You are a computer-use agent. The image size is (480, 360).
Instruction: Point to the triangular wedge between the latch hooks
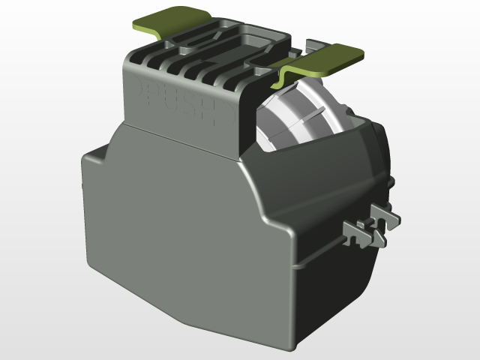pyautogui.click(x=373, y=224)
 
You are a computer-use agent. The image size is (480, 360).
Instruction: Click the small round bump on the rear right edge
pyautogui.click(x=392, y=180)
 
